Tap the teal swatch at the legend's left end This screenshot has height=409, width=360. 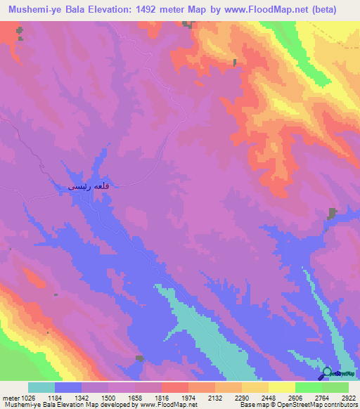(x=41, y=388)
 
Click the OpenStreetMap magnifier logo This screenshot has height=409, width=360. (x=327, y=372)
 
